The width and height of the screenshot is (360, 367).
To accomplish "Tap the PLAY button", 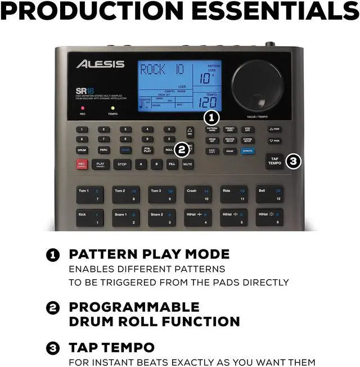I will click(x=100, y=164).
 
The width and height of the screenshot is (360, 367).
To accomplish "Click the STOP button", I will click(x=121, y=164).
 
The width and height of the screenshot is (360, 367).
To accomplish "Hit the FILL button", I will click(x=172, y=164).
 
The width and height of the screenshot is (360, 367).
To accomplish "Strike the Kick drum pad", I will click(x=90, y=217).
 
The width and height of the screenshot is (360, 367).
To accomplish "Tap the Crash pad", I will click(x=197, y=195).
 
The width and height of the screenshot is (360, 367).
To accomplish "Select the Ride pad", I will click(x=233, y=195).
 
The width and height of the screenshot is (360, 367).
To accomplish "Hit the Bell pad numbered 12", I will click(x=269, y=195).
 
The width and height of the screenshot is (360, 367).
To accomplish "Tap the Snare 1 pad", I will click(x=125, y=217).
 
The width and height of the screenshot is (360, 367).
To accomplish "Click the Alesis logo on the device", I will click(x=100, y=64).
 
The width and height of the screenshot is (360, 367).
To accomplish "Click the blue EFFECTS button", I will click(x=247, y=151).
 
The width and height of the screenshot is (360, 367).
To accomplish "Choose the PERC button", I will click(x=103, y=150).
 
